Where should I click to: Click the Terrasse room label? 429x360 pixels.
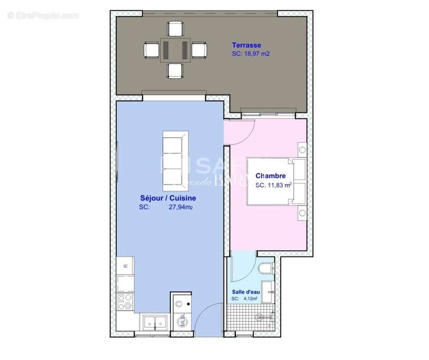point(246,45)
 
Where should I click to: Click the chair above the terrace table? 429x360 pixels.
point(175,28)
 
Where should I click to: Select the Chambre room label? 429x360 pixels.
point(271,175)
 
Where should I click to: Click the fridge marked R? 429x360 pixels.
point(125,265)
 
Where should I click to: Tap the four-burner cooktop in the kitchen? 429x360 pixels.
point(125,301)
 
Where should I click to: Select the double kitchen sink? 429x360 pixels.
point(154,321)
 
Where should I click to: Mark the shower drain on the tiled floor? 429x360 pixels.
point(259,317)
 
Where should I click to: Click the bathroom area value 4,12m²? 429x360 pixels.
point(250,298)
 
